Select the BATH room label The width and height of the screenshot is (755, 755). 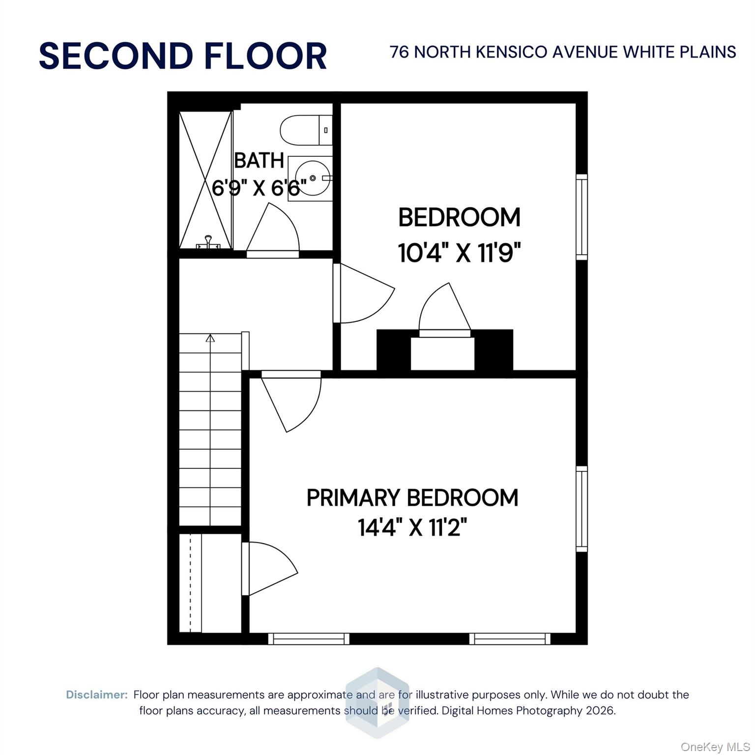(x=259, y=161)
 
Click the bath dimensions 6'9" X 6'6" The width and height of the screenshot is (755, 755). (x=259, y=187)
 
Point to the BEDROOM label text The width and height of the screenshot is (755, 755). (x=459, y=218)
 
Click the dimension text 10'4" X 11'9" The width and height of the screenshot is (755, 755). (x=459, y=254)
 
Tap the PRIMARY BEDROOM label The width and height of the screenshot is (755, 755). (x=412, y=498)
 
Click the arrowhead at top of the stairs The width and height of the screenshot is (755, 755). (x=210, y=338)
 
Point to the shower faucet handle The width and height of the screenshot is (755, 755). (x=208, y=240)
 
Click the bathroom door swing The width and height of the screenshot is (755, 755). (x=275, y=231)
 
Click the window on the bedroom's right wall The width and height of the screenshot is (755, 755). (x=581, y=217)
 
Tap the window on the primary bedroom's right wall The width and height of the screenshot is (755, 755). (x=581, y=509)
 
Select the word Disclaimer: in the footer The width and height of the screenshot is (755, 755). (x=97, y=695)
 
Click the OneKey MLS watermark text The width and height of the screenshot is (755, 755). (x=715, y=747)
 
